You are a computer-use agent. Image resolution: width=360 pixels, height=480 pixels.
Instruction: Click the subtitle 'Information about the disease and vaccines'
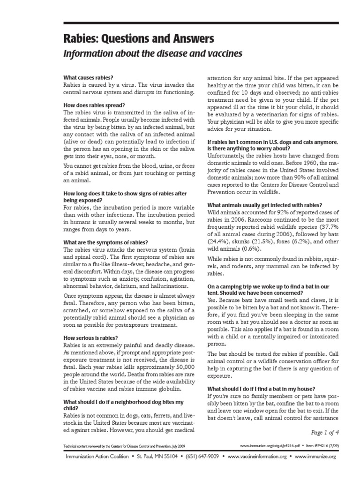point(153,54)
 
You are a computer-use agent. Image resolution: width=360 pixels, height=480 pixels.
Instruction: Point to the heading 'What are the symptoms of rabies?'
point(105,242)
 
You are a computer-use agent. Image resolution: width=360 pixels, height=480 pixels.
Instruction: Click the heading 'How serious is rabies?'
point(90,337)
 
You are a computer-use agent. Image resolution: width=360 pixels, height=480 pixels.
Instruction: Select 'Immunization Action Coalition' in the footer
point(97,456)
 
